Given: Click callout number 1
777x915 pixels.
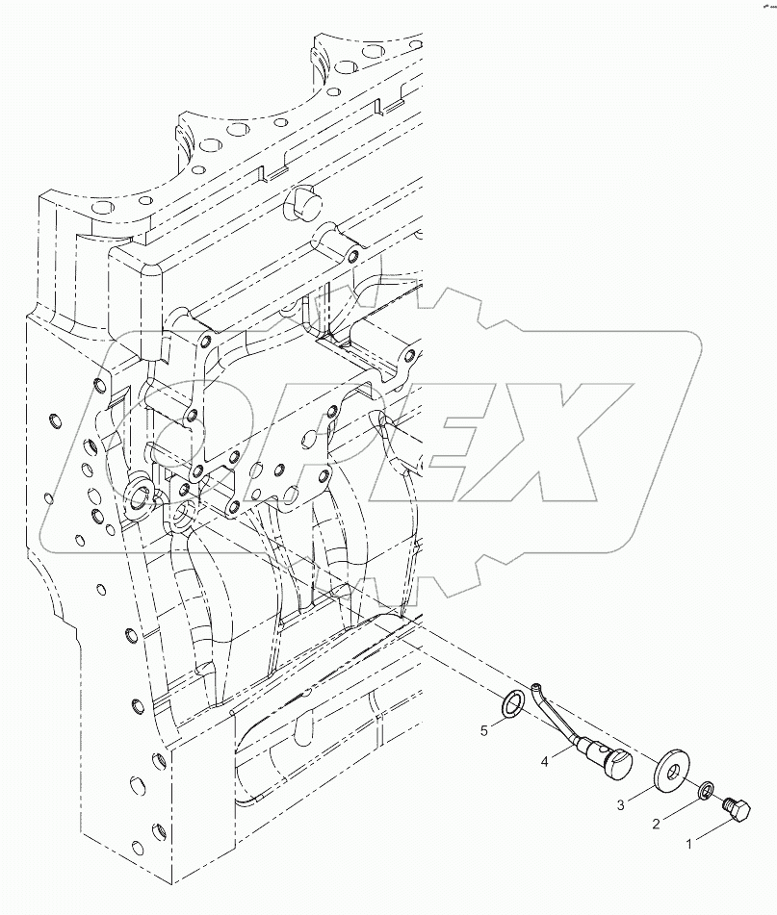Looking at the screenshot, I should pos(690,845).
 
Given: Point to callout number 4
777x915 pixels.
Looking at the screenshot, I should pos(546,761).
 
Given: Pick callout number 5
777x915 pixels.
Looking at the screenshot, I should pos(484,731).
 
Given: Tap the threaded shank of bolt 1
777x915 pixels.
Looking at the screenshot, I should pos(726,801).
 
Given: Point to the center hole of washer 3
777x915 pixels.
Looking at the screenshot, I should pos(671,772).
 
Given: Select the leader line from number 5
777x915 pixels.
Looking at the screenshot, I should pos(499,721).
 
